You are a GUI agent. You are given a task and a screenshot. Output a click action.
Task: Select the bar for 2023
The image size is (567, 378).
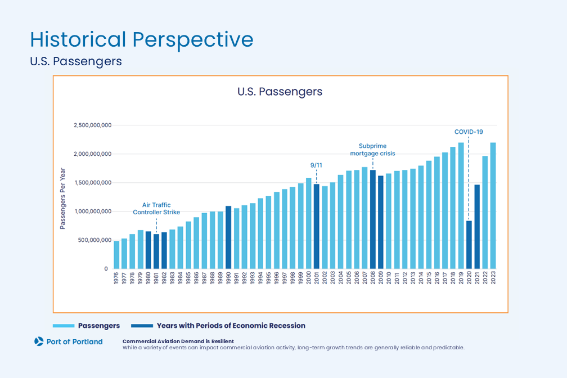(493, 205)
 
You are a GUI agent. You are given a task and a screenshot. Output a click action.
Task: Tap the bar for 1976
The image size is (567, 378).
(116, 255)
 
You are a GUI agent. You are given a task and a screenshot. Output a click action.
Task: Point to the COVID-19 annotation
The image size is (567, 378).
(469, 132)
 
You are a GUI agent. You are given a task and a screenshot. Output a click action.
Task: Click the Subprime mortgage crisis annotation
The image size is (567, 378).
(372, 150)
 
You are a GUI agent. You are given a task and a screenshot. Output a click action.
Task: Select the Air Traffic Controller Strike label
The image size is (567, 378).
(156, 209)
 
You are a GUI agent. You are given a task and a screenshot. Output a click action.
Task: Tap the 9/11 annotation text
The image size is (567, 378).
(317, 165)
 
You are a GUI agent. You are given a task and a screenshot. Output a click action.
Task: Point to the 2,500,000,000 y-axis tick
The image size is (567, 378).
(92, 125)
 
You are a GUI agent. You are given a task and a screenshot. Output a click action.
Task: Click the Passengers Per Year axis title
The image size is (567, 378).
(63, 198)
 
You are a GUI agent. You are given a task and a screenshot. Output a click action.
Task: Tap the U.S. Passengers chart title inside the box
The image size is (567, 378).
(280, 91)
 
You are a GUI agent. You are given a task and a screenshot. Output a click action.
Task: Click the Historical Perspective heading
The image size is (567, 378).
(141, 39)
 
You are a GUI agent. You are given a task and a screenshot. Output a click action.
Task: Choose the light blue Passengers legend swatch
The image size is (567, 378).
(64, 326)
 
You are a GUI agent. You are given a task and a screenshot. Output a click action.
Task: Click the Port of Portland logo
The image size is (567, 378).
(69, 341)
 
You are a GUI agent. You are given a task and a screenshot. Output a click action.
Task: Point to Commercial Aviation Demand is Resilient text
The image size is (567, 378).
(178, 341)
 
